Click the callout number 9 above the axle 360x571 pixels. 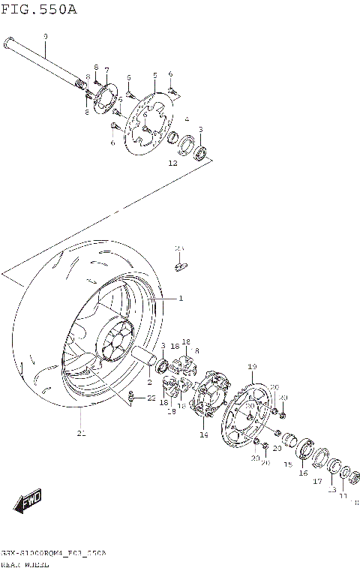pos(45,37)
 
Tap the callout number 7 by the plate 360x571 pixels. pos(106,69)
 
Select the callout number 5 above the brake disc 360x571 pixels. pos(154,76)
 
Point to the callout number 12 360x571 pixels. pos(172,163)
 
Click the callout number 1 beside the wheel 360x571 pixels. pos(180,299)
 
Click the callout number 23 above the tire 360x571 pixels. pos(179,248)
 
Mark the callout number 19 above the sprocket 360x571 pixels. pos(252,366)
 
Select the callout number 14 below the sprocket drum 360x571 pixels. pos(203,434)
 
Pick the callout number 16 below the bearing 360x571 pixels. pos(304,473)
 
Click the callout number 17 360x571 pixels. pos(316,481)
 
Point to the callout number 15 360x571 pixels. pos(287,464)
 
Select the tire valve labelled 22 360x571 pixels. pos(132,397)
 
